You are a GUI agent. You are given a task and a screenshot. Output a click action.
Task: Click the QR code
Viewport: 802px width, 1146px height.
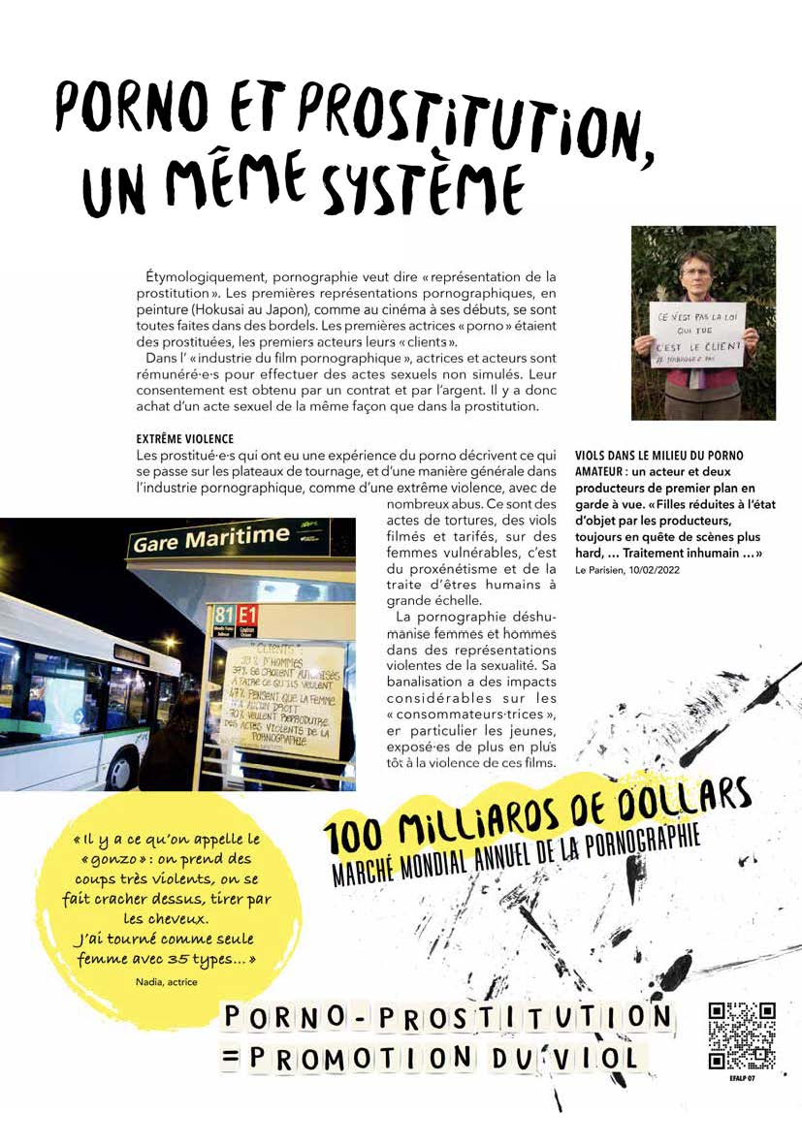pos(742,1035)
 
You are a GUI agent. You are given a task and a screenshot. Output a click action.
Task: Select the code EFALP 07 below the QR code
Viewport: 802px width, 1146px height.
pos(742,1077)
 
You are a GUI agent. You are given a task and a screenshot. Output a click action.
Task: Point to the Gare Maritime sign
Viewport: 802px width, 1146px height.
pos(210,539)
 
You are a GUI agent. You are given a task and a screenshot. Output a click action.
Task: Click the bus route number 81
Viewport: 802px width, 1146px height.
pos(224,614)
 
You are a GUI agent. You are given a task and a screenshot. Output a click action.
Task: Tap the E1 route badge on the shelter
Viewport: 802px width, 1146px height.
pos(247,614)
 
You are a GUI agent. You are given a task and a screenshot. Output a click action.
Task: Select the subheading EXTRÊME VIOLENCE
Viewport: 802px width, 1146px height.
pos(185,439)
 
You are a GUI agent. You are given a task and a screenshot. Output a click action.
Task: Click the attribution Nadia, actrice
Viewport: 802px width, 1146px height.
pos(167,981)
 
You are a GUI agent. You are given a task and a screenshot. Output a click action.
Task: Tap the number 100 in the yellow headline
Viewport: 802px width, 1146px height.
pos(354,833)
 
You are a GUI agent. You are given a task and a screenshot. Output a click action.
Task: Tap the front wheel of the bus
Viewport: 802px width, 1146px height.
pos(124,771)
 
